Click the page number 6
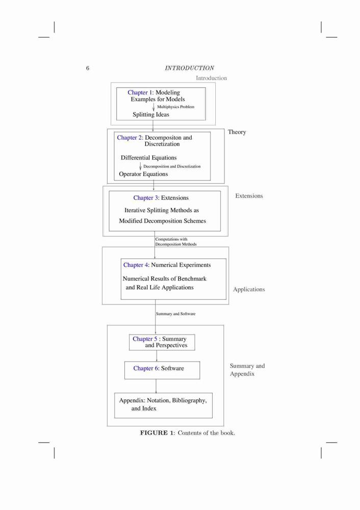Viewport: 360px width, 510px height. coord(88,68)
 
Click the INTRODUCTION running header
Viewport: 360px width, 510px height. coord(189,68)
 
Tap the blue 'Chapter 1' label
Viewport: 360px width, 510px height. coord(140,92)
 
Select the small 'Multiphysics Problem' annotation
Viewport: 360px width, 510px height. coord(175,107)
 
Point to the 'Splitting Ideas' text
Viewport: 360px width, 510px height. coord(151,114)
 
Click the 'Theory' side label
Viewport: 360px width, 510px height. coord(237,132)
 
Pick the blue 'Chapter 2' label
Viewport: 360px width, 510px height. coord(130,138)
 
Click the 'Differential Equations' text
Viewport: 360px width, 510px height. coord(148,158)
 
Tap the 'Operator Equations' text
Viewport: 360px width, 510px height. coord(143,174)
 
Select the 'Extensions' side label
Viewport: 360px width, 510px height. coord(249,196)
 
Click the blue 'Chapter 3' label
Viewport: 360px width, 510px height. coord(146,198)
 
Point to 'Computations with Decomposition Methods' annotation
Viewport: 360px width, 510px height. coord(176,242)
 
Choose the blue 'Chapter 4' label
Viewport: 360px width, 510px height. coord(136,265)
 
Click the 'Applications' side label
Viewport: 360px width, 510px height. coord(249,290)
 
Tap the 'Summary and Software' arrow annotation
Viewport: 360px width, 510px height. coord(175,314)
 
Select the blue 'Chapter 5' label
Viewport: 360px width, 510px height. coord(145,339)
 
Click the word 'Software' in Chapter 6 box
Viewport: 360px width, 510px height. coord(172,368)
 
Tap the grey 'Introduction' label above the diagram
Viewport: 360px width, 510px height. coord(212,78)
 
